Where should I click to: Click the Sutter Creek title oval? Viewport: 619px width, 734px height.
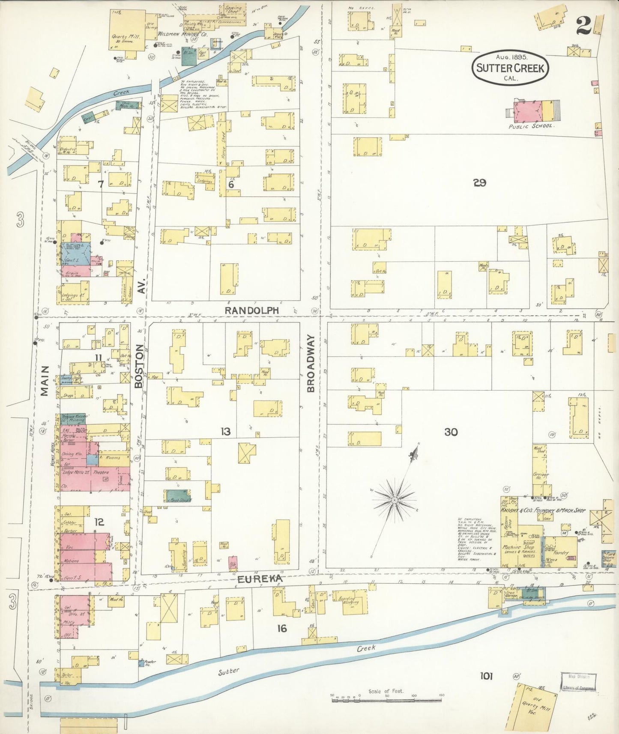click(x=510, y=68)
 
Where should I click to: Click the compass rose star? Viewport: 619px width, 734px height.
click(x=395, y=500)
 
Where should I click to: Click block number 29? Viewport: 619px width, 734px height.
click(x=479, y=183)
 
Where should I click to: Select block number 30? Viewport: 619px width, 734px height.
click(x=451, y=432)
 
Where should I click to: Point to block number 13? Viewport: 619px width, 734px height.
click(x=225, y=432)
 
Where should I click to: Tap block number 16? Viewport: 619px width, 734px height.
click(x=281, y=628)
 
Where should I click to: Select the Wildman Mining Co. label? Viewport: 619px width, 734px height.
click(x=183, y=33)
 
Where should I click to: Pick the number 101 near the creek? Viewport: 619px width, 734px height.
click(x=486, y=676)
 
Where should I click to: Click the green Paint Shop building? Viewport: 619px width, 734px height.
click(x=179, y=495)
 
